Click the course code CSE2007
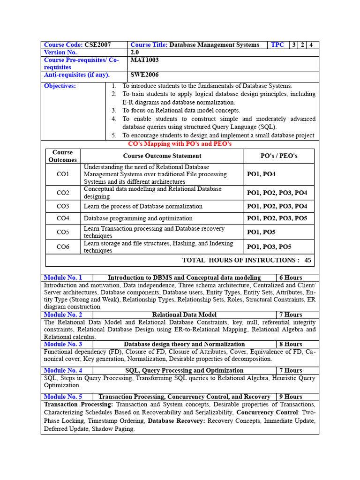pos(97,45)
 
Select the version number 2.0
pos(135,52)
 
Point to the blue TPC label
pos(277,45)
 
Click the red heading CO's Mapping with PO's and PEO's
pos(180,144)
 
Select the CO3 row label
pos(63,206)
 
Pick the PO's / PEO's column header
pos(279,156)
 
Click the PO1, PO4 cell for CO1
pos(261,174)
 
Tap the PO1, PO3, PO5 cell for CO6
pos(269,247)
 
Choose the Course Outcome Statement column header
pos(162,156)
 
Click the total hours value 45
pos(307,260)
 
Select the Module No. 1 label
pos(63,277)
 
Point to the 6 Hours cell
pos(291,277)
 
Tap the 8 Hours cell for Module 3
pos(291,344)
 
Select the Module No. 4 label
pos(63,370)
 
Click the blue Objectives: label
pos(60,86)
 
